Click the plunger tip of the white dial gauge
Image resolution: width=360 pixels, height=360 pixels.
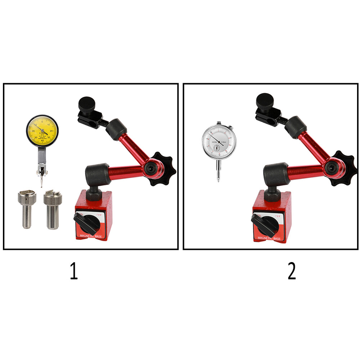(218, 180)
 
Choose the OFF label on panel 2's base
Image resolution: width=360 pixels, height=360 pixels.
(277, 216)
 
